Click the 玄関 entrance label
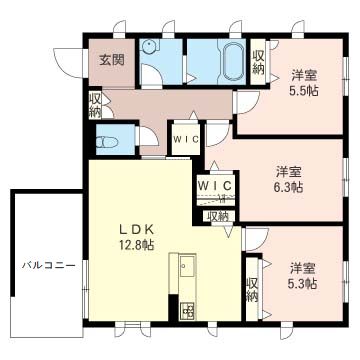[x=111, y=60]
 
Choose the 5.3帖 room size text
[x=304, y=283]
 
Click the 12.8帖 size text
[x=134, y=244]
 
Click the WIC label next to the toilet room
[x=185, y=139]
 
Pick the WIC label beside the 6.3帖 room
[x=216, y=185]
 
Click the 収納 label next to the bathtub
[x=258, y=62]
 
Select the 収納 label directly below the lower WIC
[x=217, y=215]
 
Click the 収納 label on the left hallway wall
[x=95, y=104]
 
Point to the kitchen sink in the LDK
[x=186, y=267]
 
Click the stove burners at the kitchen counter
[x=186, y=311]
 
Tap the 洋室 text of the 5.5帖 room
[x=304, y=75]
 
